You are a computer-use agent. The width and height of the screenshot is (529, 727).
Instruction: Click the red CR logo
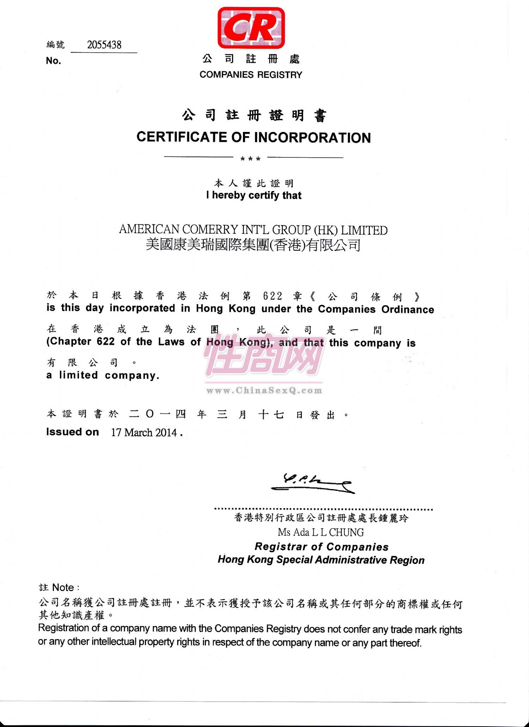click(251, 28)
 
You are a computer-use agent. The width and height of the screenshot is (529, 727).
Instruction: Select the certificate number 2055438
click(104, 45)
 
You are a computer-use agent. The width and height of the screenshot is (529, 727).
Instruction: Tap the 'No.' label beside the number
click(53, 61)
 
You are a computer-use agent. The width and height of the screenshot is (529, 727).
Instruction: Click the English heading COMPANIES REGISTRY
click(251, 75)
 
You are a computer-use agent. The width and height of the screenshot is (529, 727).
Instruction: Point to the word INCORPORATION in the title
click(312, 138)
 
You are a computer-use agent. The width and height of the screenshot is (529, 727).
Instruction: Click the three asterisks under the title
click(250, 159)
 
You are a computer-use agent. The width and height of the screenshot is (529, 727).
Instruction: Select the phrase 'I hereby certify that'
click(254, 195)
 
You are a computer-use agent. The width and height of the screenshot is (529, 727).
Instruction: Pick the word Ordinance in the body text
click(408, 310)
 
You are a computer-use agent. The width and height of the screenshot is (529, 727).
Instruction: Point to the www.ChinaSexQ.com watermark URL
click(264, 390)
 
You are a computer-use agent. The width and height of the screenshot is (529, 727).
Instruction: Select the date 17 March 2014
click(144, 433)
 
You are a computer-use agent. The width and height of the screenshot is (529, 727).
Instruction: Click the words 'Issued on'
click(72, 432)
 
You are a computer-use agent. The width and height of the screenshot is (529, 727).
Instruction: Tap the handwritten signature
click(312, 483)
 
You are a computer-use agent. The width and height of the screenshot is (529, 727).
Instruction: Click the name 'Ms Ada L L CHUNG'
click(321, 532)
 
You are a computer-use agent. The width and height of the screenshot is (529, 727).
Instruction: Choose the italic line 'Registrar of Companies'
click(321, 547)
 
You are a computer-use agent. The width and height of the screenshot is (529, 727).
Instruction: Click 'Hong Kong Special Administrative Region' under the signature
click(321, 560)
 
